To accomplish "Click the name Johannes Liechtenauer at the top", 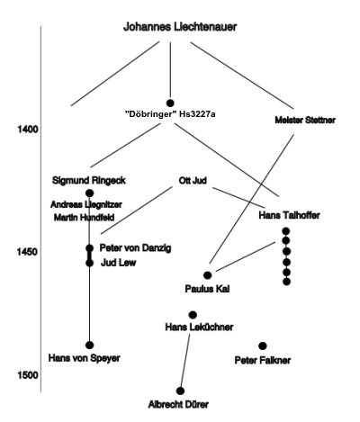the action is [180, 27].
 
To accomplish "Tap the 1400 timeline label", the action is [28, 130].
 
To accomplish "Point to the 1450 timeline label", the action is [28, 252].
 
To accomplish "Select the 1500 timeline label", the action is [28, 375].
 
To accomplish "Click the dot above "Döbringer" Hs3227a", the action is [170, 103].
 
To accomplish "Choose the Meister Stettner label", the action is [305, 121].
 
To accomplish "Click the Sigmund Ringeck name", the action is [89, 181].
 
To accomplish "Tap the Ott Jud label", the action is [193, 181].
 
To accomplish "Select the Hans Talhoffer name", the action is [289, 215].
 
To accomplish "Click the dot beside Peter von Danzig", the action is [90, 248].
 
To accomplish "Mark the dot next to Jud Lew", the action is [90, 263].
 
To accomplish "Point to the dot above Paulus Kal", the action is [208, 275].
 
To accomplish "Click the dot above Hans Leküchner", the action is [193, 315].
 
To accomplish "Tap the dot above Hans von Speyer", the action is [90, 346].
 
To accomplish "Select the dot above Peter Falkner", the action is [263, 346].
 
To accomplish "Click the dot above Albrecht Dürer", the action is [180, 391].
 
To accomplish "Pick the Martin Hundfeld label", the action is [84, 218].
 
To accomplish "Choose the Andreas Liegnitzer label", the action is [86, 204].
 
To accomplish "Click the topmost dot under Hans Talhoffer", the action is [286, 231].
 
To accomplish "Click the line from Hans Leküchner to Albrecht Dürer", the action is [185, 361].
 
